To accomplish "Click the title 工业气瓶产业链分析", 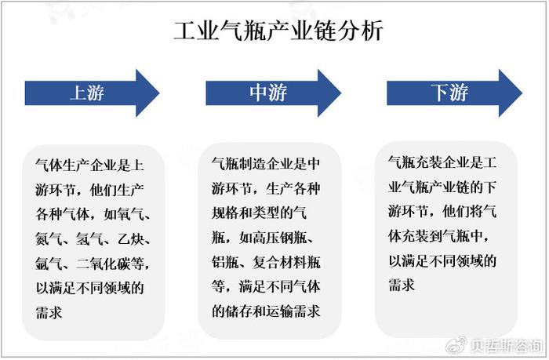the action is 278,31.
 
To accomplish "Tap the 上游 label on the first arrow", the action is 87,93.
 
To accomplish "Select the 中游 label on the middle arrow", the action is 268,93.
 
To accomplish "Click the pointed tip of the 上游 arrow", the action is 160,93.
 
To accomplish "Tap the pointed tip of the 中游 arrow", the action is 341,93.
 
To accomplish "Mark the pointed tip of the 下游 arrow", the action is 522,93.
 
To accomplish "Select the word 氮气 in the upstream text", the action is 49,239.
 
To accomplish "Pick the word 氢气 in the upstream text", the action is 89,239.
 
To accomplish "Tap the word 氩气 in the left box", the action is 49,264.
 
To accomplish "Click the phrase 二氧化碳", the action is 104,264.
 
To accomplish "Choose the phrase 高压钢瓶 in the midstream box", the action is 280,238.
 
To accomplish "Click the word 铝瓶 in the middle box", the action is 225,262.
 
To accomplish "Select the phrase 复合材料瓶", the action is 287,262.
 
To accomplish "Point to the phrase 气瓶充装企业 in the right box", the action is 428,162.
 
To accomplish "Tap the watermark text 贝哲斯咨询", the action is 506,347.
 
